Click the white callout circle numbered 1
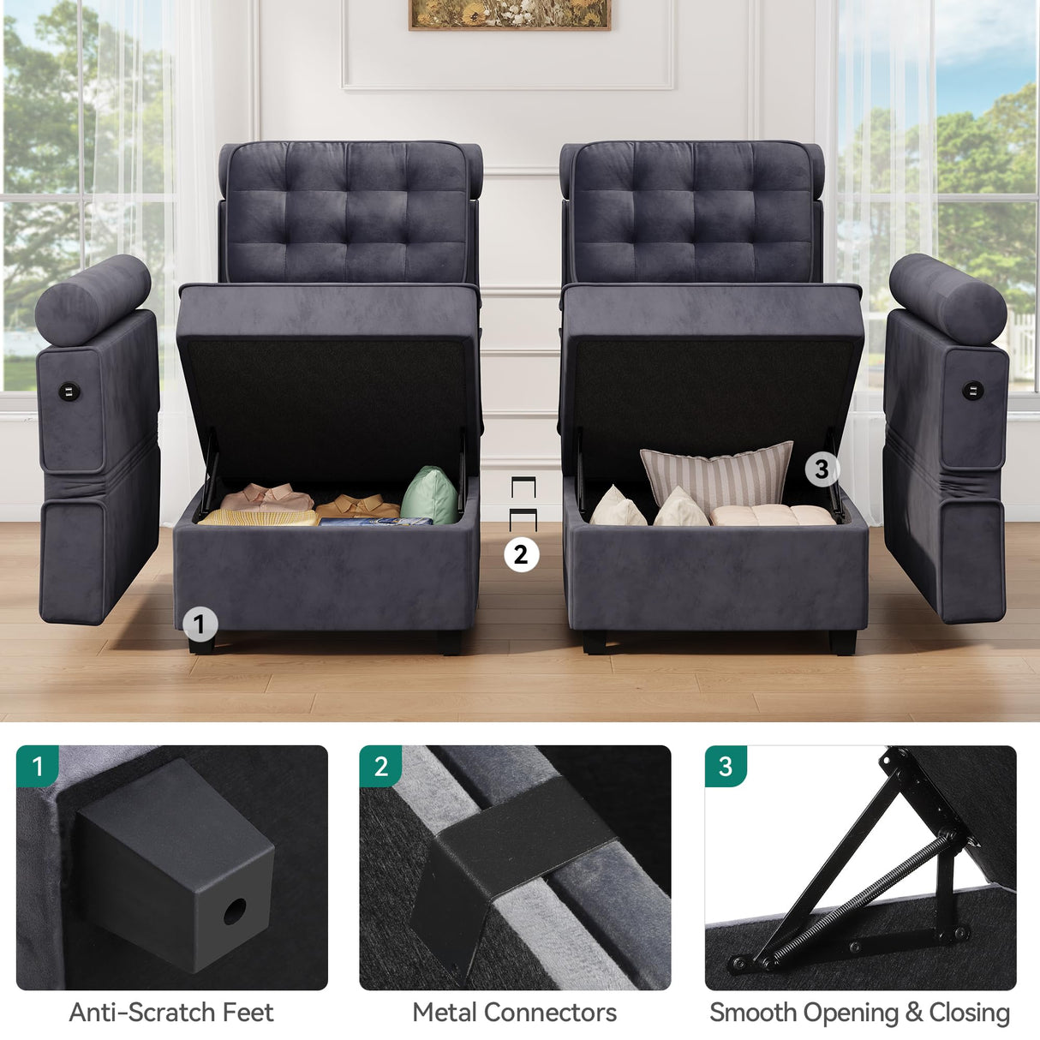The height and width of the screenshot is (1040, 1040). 200,625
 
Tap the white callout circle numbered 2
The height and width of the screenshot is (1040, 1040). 521,554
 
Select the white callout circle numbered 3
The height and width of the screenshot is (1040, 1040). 821,469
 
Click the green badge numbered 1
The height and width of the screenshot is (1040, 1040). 37,765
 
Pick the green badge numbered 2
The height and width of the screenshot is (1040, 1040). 381,766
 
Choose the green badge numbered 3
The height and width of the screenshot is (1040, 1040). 726,766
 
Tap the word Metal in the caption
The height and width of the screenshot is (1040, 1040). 445,1013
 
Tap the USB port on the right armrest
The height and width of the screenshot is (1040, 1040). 973,392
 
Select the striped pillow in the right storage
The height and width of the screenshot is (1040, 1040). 718,475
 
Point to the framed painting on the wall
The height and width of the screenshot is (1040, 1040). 509,15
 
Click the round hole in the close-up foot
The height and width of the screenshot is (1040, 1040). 234,911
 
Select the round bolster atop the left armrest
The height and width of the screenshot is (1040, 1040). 93,299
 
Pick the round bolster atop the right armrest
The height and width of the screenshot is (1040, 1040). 947,299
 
